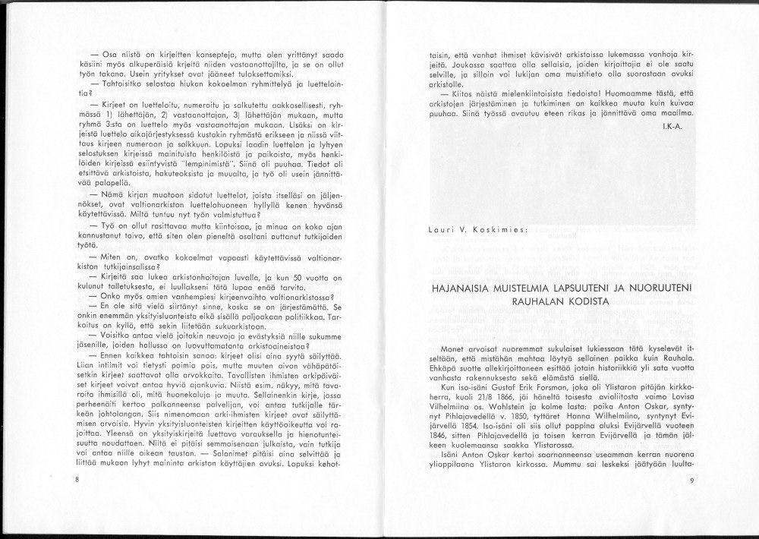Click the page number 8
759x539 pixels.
[77, 481]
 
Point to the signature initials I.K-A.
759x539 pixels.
[672, 125]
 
